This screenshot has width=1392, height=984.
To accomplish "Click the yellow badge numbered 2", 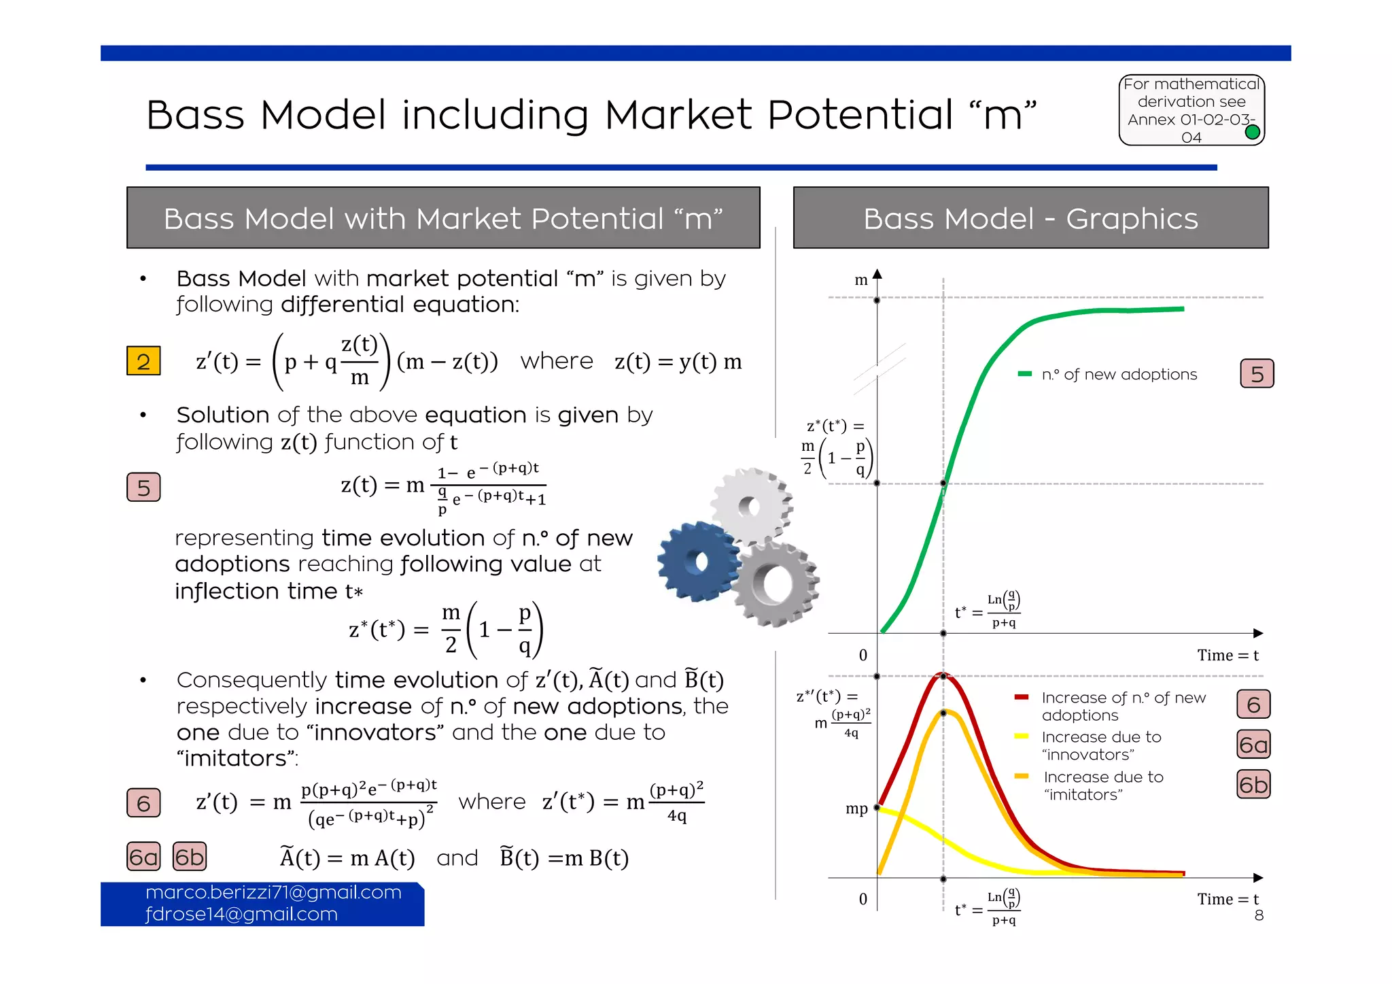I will [x=143, y=361].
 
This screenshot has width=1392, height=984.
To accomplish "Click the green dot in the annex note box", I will [x=1252, y=132].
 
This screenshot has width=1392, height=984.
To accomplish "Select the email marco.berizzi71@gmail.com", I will [x=273, y=892].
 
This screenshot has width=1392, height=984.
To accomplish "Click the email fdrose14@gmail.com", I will [x=241, y=914].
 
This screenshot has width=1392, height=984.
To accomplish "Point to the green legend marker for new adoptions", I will [x=1024, y=374].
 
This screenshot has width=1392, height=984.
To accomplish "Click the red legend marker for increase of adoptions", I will [x=1021, y=697].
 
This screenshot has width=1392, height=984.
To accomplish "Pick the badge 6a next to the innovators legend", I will [x=1253, y=745].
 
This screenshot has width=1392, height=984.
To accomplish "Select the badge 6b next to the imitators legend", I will [x=1253, y=785].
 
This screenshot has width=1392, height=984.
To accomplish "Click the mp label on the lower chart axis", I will [x=856, y=809].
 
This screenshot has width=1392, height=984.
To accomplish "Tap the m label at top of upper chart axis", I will [x=860, y=280].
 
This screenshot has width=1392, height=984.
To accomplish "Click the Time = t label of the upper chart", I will [x=1228, y=655].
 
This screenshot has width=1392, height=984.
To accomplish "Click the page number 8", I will [x=1259, y=915].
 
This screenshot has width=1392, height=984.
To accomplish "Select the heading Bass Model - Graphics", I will [x=1030, y=218].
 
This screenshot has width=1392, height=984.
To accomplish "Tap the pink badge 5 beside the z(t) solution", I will [x=143, y=488].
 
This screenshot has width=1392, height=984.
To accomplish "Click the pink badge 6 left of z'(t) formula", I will [x=143, y=803].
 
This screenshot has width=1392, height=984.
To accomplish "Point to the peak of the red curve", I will [x=943, y=675].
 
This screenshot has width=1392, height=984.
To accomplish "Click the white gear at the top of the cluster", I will [x=751, y=505].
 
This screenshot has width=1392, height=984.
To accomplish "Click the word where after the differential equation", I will [x=557, y=360].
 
